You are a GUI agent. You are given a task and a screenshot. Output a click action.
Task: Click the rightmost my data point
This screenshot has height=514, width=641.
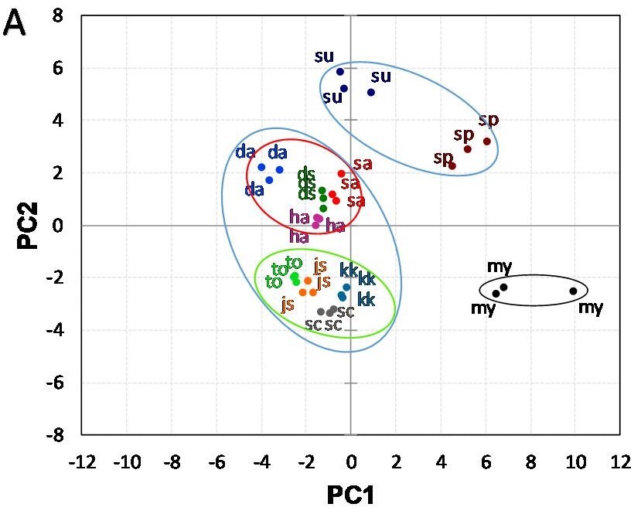point(573,291)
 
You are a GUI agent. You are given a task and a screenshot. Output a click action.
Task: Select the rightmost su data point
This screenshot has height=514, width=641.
point(371,92)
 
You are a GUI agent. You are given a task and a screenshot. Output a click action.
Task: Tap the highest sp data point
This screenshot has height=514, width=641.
point(486,141)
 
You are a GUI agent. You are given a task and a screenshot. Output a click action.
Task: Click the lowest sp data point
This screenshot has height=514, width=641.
point(452,165)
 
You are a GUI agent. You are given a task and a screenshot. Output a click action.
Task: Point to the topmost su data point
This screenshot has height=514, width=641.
point(339,72)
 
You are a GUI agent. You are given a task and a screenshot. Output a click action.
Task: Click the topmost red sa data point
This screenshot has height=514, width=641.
point(341,174)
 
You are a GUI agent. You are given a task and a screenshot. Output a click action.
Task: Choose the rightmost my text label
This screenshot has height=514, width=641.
point(592,308)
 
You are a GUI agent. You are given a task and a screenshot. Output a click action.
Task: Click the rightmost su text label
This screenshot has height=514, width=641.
point(381,76)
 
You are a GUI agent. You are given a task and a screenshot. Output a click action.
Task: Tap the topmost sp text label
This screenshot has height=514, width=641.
point(488,120)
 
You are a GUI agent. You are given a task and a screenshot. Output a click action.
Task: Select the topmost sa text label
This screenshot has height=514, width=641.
point(362,164)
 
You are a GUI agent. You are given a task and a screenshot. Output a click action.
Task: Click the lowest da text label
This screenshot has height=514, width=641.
point(254,189)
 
